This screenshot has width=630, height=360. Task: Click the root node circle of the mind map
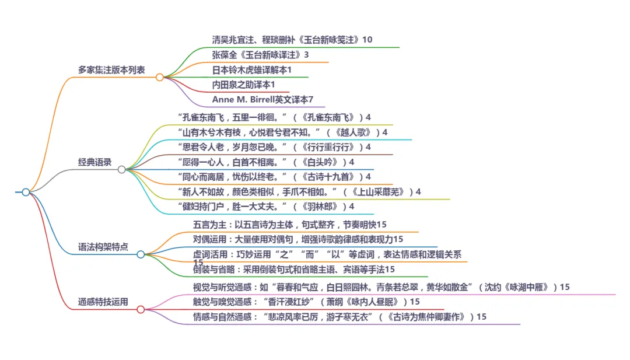(x=26, y=192)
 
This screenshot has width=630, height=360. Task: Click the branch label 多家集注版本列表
(x=111, y=70)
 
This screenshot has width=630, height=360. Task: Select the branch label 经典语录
(x=94, y=162)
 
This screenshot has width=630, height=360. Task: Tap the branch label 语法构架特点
(x=103, y=247)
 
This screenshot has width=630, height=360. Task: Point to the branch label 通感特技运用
(x=103, y=302)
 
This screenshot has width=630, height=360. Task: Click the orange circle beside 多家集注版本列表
(x=159, y=77)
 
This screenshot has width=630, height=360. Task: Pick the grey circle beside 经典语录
(x=121, y=170)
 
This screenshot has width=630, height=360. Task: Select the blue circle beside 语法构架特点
(x=141, y=254)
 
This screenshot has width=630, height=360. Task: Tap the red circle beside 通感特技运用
(x=141, y=309)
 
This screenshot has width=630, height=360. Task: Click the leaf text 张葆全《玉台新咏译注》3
(x=260, y=55)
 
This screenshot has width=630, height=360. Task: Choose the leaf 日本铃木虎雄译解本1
(x=251, y=70)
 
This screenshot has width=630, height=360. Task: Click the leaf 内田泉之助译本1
(x=243, y=85)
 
